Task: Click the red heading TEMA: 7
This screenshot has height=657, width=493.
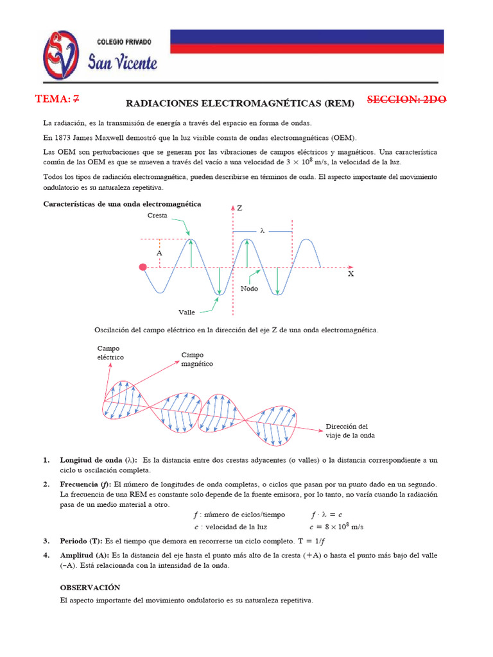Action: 59,99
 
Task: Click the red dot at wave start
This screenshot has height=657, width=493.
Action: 143,267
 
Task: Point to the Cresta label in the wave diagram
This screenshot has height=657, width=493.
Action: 157,216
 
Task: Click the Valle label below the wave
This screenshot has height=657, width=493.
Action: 187,312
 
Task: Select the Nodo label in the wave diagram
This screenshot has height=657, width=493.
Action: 249,289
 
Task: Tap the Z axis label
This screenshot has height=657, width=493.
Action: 239,209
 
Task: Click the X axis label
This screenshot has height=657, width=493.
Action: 350,274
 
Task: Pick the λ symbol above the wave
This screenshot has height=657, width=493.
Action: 262,230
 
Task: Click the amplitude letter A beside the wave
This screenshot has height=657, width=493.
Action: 159,253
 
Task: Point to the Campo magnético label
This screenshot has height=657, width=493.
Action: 196,359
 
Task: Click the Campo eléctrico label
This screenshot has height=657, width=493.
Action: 110,352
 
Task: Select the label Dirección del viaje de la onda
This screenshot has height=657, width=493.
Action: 350,431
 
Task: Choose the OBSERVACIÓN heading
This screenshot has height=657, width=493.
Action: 90,587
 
